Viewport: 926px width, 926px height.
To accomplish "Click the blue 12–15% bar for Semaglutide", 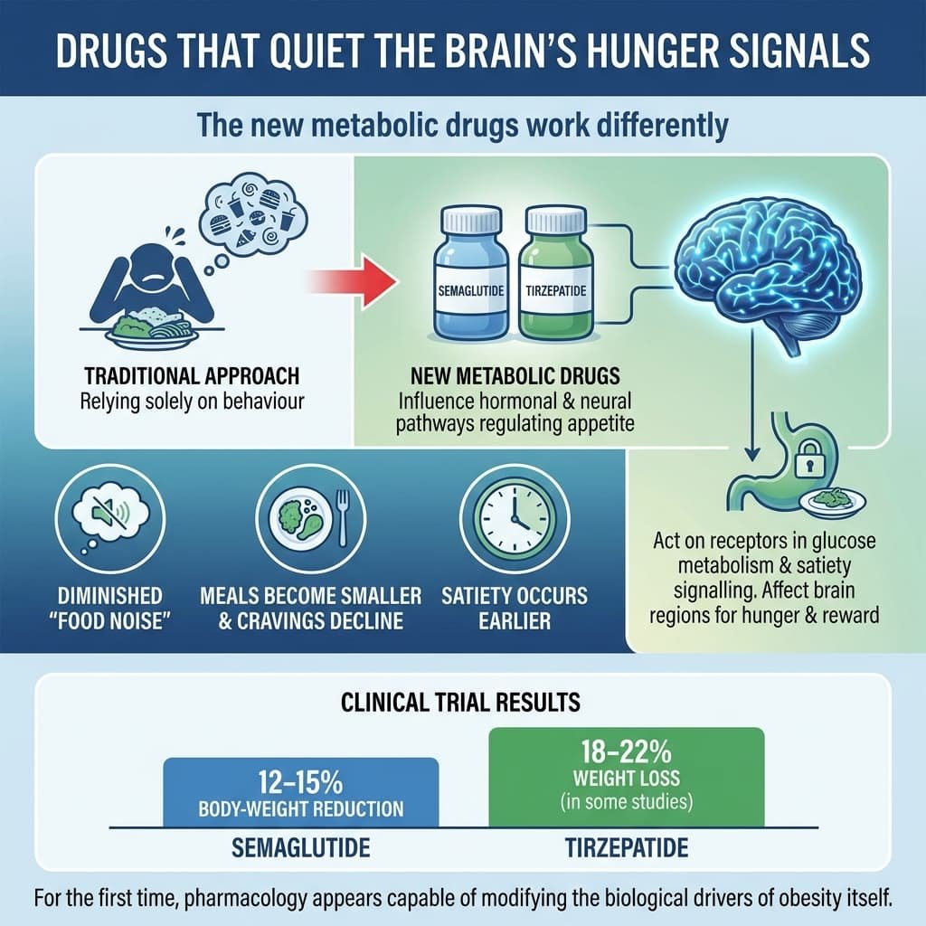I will point(300,792).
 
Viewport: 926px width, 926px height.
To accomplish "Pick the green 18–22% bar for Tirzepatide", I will point(626,777).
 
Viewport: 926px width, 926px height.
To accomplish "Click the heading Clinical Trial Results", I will point(462,702).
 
